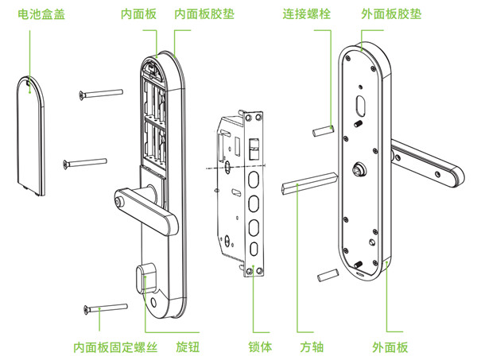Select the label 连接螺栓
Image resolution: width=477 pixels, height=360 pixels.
point(308,14)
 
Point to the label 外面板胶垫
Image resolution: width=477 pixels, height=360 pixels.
point(390,14)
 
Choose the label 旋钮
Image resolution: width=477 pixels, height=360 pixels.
point(188,347)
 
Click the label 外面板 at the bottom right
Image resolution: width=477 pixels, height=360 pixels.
point(390,347)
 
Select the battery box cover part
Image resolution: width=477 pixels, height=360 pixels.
point(31,136)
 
